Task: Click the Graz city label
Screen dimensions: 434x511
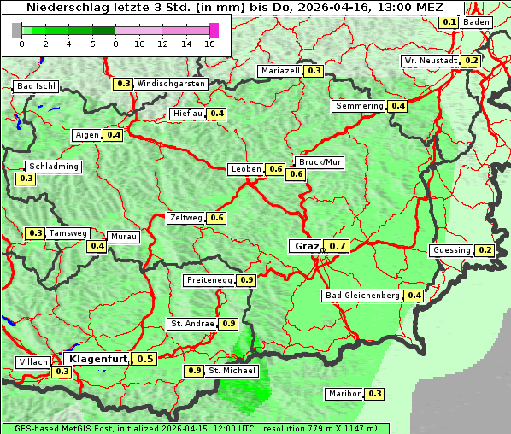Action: pyautogui.click(x=306, y=246)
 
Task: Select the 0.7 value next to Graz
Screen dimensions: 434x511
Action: pyautogui.click(x=338, y=246)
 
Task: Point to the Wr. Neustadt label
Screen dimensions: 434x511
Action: pyautogui.click(x=430, y=61)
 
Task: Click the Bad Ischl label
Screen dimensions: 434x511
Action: pyautogui.click(x=36, y=86)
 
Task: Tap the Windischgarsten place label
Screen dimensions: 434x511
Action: pyautogui.click(x=171, y=84)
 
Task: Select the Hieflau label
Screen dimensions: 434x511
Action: pyautogui.click(x=187, y=114)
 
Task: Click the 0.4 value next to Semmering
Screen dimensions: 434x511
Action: pyautogui.click(x=397, y=106)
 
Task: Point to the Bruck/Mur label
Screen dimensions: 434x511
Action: pyautogui.click(x=319, y=161)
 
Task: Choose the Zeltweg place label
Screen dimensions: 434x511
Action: pyautogui.click(x=186, y=218)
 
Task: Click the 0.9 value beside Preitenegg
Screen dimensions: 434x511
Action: pyautogui.click(x=247, y=279)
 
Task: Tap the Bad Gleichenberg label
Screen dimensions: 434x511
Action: pyautogui.click(x=361, y=296)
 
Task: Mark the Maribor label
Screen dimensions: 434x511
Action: pyautogui.click(x=344, y=394)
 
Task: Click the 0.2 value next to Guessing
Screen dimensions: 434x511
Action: pyautogui.click(x=485, y=250)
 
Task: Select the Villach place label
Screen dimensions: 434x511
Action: pyautogui.click(x=32, y=362)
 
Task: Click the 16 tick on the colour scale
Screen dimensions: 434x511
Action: pyautogui.click(x=210, y=44)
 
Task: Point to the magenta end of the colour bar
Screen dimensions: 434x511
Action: pyautogui.click(x=214, y=31)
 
